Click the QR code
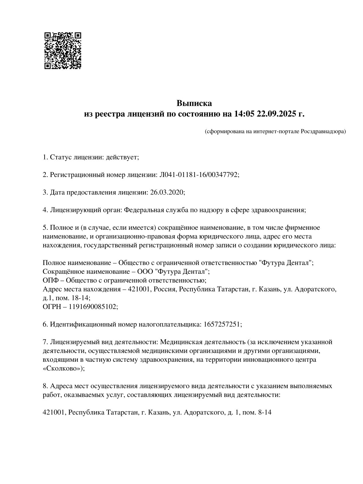pos(63,51)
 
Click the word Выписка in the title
pos(194,103)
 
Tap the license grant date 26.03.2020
pos(167,193)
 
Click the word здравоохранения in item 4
pos(277,210)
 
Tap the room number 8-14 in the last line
pos(264,413)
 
